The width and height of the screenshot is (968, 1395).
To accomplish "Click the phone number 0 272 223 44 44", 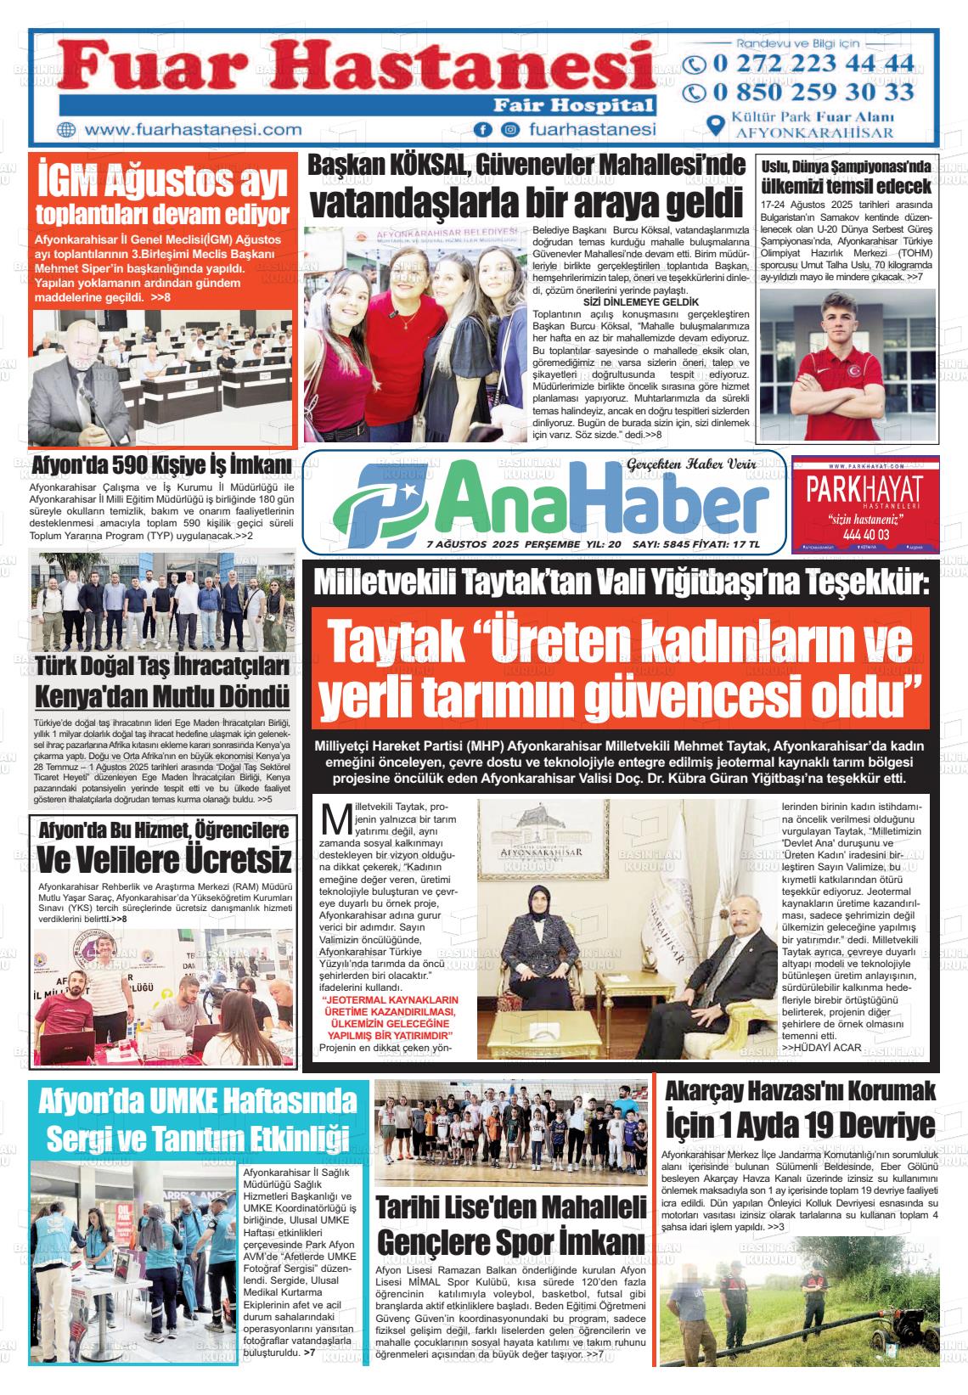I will click(x=812, y=64).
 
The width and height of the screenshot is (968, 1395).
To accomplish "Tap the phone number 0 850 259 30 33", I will click(x=812, y=92).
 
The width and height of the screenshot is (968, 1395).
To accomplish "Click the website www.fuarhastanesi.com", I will click(x=194, y=130).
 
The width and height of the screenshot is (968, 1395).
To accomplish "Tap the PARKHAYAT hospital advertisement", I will click(x=864, y=504).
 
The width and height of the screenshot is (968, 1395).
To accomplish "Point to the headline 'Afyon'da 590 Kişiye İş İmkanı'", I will click(x=161, y=466).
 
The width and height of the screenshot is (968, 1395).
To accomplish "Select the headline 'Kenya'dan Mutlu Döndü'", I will click(x=162, y=696).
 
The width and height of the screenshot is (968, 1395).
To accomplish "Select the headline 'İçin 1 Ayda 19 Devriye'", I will click(x=801, y=1127).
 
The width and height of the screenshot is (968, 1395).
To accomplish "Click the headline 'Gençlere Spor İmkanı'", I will click(x=511, y=1242).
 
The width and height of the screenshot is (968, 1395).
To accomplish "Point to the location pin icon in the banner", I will click(x=716, y=126).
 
